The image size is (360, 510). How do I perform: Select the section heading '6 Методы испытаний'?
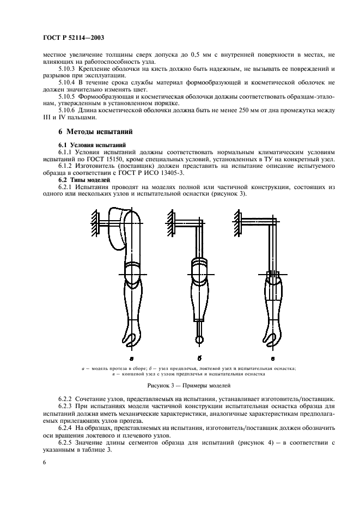93,132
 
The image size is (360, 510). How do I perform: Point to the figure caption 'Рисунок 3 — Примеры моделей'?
180,385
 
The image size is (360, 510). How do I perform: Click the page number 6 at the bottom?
44,462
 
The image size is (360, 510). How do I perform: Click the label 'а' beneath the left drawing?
131,359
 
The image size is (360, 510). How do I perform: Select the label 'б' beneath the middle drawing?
200,359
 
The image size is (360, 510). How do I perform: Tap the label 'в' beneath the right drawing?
272,359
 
